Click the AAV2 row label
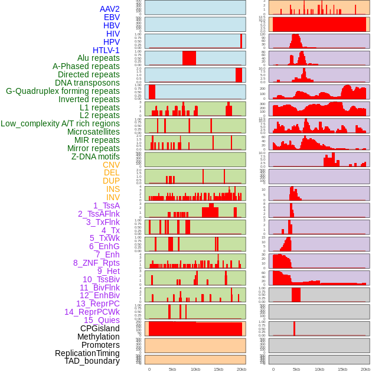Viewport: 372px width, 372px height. (109, 9)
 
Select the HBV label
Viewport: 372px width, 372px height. (111, 25)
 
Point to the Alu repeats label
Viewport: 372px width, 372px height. (98, 58)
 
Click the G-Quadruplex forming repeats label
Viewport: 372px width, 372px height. (63, 91)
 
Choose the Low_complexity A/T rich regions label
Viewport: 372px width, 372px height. (60, 123)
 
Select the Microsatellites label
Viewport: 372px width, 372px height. (93, 132)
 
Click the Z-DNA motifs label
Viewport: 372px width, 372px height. (95, 156)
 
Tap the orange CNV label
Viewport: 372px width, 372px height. (111, 165)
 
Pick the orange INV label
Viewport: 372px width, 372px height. (112, 197)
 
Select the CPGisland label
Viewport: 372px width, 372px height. (100, 328)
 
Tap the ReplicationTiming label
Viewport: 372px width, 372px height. (87, 353)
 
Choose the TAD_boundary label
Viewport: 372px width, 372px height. (92, 361)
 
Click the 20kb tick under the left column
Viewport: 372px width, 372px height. (241, 369)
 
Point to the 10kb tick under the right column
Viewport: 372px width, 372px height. (319, 369)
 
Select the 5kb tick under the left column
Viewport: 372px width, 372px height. (172, 369)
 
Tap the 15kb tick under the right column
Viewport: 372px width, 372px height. (342, 369)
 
